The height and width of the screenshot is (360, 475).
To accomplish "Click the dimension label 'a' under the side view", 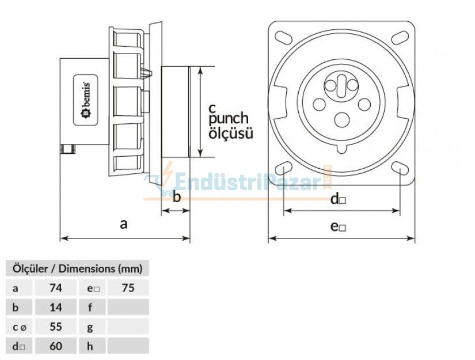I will tap(123, 224).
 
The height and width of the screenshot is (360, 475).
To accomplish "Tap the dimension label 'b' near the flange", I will tap(177, 198).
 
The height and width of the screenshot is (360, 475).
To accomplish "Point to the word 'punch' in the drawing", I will tap(229, 119).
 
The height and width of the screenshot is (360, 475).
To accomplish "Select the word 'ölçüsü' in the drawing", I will tap(230, 134).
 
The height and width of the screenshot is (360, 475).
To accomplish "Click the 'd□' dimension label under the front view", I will tap(337, 200).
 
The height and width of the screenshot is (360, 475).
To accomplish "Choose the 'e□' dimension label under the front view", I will tap(338, 226).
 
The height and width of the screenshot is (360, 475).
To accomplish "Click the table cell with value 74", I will tap(56, 287).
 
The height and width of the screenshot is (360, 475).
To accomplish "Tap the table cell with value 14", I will tap(56, 307).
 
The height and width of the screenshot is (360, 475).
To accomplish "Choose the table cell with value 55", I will tap(56, 327).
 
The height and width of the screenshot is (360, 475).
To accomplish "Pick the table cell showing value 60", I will tap(56, 346).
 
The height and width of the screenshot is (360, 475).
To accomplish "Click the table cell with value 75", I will tap(128, 287).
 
